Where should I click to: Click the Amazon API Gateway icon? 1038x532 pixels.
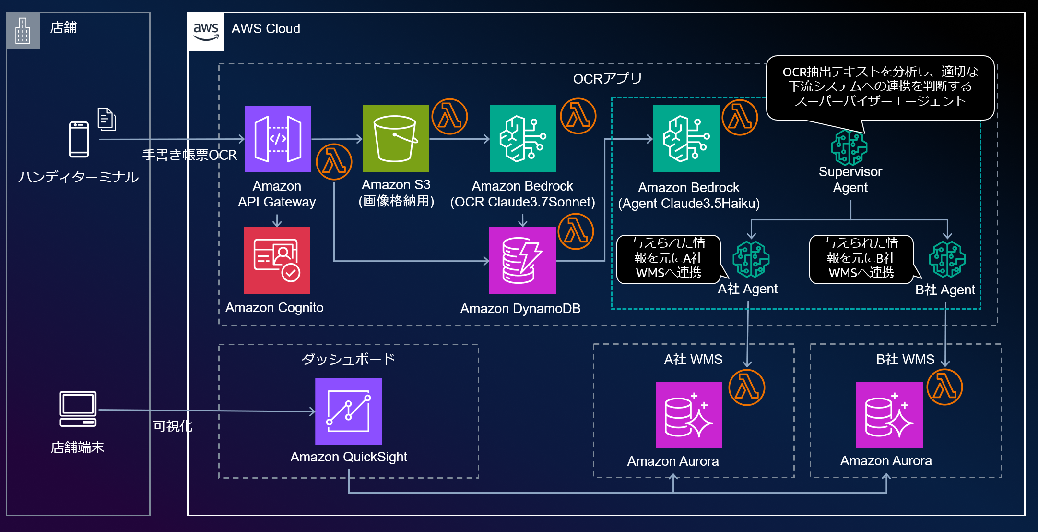tap(278, 139)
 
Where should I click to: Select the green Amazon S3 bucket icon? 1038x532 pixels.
tap(396, 139)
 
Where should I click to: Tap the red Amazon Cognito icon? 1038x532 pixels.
tap(277, 260)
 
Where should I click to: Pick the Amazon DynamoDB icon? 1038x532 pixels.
tap(522, 260)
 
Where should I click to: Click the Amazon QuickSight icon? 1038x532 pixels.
tap(348, 411)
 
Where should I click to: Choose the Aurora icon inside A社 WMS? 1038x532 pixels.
tap(689, 415)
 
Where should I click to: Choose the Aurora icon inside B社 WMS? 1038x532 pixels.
tap(889, 415)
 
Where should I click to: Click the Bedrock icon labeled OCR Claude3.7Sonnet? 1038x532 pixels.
tap(523, 139)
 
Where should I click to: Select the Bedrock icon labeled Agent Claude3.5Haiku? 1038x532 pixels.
tap(686, 139)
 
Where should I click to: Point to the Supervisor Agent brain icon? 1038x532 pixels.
tap(849, 147)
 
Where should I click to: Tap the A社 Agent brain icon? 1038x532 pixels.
tap(751, 259)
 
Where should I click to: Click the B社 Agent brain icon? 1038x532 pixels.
tap(947, 259)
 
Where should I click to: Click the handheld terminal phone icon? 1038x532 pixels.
tap(79, 139)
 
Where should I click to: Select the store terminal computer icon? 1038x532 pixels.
tap(78, 409)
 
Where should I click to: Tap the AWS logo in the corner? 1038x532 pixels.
tap(206, 32)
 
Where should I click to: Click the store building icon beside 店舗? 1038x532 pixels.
tap(23, 31)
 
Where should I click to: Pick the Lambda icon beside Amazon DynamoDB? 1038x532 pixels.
tap(576, 231)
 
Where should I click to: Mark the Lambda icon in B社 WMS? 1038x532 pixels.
tap(945, 387)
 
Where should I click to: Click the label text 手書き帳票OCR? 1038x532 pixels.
tap(189, 155)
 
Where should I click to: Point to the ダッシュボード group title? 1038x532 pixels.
tap(348, 359)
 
